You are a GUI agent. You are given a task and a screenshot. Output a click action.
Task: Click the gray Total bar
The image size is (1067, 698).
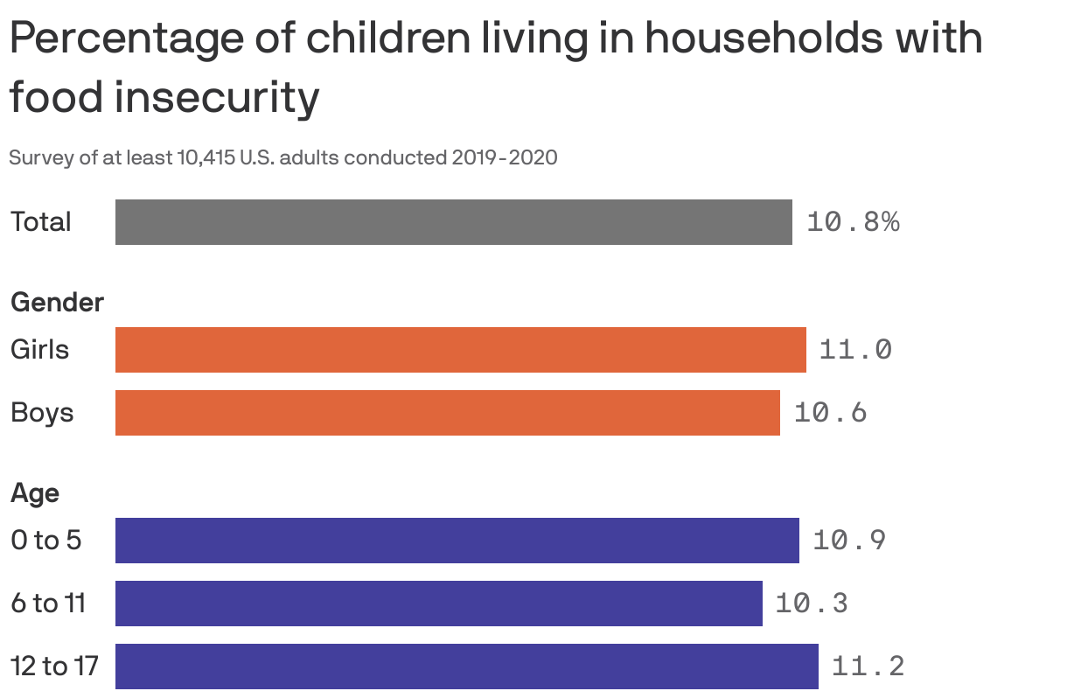pos(453,222)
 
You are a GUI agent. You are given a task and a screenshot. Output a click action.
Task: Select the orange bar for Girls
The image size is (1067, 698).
pos(460,350)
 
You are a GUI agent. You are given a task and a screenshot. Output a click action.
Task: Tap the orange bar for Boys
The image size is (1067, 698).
pos(447,413)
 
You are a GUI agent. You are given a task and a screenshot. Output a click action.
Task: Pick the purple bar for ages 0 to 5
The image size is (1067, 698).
pos(457,541)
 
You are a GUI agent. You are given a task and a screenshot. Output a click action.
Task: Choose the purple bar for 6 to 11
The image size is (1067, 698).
pos(438,604)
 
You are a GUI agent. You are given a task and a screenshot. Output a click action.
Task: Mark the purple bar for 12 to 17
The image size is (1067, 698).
pos(466,667)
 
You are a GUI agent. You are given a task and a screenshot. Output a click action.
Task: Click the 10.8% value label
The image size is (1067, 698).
pos(853,222)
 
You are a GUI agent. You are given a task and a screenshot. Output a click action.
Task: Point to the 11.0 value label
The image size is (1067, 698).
pos(855,350)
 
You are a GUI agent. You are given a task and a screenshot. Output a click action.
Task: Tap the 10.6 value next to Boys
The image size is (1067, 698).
pos(830,413)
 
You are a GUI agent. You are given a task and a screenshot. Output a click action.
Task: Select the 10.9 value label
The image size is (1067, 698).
pos(849,541)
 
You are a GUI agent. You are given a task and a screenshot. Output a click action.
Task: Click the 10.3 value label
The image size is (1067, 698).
pos(812,604)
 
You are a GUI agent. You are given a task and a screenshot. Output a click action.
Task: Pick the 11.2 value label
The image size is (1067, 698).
pos(868,667)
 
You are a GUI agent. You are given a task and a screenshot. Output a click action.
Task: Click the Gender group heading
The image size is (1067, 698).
pos(57,303)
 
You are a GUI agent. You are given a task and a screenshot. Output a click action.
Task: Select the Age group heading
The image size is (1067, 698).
pos(35,493)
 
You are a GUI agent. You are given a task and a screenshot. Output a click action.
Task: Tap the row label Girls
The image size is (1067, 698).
pos(39,350)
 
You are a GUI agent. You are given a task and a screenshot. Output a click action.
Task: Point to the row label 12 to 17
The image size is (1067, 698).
pos(54,667)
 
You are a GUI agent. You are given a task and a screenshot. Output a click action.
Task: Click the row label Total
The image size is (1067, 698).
pos(40,222)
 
